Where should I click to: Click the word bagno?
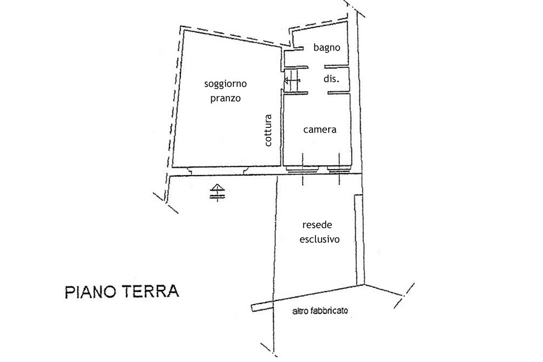(326, 48)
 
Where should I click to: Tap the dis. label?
(331, 78)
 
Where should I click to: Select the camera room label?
(320, 130)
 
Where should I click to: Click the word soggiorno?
(225, 84)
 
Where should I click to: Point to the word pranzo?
(226, 98)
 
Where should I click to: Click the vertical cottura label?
(268, 130)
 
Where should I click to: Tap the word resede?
(317, 225)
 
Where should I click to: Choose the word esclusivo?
(319, 239)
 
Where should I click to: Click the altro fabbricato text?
(320, 311)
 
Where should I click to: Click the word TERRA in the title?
(150, 291)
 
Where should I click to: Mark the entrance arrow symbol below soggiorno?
(217, 192)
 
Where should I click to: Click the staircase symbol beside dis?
(291, 81)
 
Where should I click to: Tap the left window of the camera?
(302, 169)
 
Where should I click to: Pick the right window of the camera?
(339, 169)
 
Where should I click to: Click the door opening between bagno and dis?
(316, 66)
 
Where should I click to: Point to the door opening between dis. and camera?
(317, 92)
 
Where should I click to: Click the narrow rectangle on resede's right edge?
(359, 240)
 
